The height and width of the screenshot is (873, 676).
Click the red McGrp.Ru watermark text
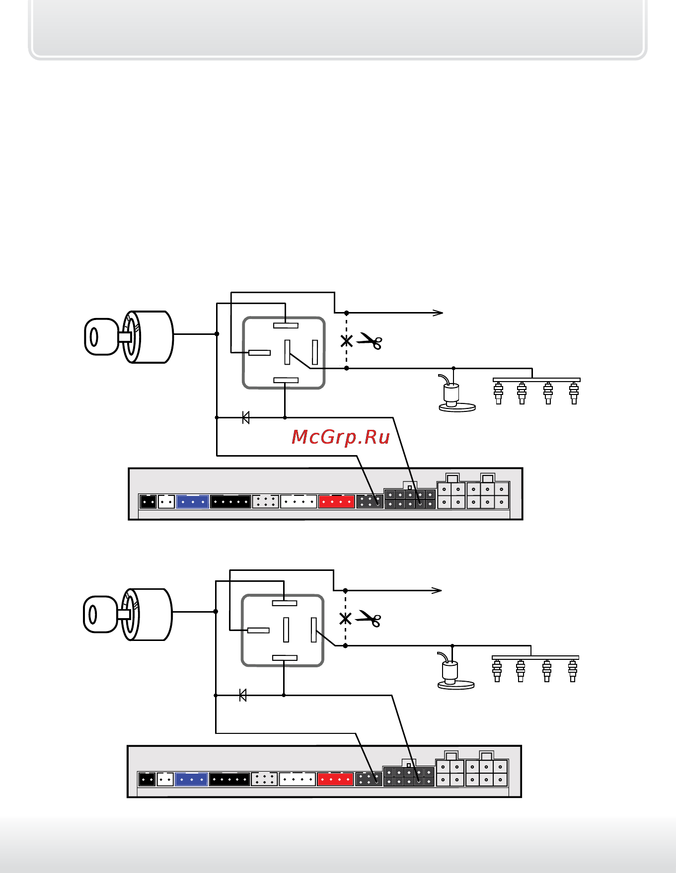pos(340,437)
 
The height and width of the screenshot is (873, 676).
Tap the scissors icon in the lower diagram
pos(369,619)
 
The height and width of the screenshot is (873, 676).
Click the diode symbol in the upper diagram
pos(245,417)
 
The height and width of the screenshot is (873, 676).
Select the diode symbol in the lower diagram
pos(243,695)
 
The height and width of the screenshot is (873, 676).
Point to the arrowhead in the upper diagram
pos(438,313)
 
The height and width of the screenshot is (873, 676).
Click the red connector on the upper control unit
pos(336,501)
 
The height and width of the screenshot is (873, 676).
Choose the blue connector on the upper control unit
pos(192,501)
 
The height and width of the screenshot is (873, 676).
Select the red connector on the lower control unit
pos(335,779)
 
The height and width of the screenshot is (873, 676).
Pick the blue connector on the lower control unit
pos(191,779)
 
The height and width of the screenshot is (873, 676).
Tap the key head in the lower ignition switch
pos(100,615)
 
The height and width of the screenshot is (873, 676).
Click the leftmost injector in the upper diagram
pos(498,393)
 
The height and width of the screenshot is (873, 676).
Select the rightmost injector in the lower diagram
pos(572,671)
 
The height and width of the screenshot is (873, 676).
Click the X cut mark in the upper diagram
pos(346,341)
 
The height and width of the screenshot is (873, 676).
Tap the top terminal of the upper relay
pos(286,325)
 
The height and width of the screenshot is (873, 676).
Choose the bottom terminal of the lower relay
pos(285,658)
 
